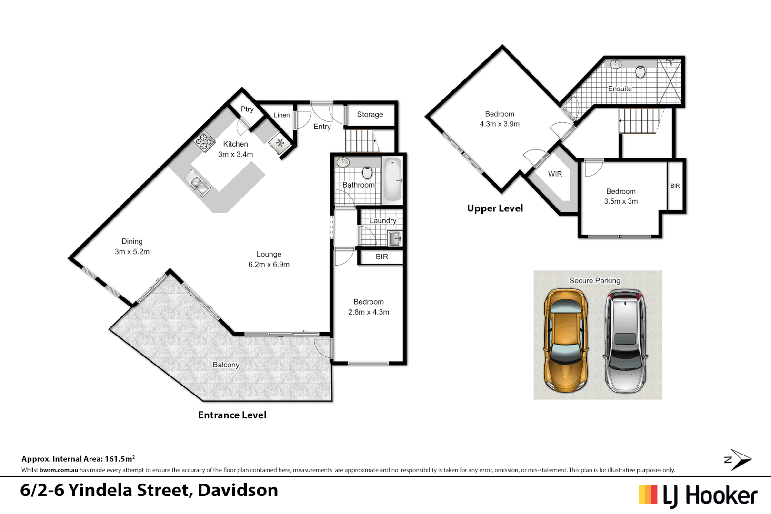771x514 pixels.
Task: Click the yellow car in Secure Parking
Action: click(565, 341)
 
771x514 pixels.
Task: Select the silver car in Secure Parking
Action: click(625, 342)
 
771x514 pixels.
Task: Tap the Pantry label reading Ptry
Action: click(247, 109)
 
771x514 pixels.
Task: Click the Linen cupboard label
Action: click(281, 115)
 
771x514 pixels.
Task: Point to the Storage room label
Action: click(370, 114)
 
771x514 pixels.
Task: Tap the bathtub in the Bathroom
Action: click(392, 180)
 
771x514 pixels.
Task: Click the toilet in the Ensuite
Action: click(640, 72)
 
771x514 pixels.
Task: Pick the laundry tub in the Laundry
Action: click(395, 238)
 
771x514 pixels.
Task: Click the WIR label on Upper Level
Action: click(555, 174)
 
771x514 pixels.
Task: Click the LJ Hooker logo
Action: click(698, 496)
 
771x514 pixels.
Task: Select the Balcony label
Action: click(226, 365)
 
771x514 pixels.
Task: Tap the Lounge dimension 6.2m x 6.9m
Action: click(269, 265)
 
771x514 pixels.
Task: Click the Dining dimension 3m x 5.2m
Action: click(132, 252)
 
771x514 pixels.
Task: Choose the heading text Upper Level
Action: click(495, 208)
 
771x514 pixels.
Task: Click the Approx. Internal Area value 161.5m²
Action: click(120, 459)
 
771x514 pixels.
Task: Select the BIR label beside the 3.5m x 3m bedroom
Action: click(675, 186)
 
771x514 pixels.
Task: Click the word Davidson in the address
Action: click(238, 490)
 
